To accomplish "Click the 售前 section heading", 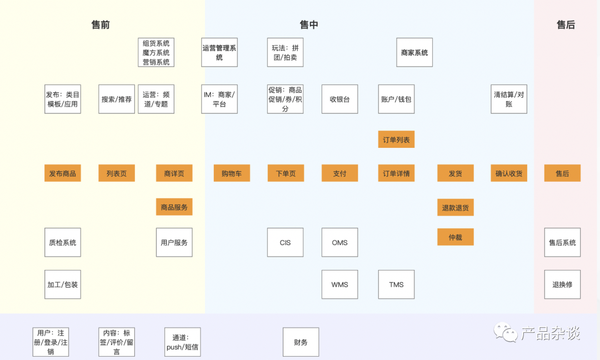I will click(x=101, y=24).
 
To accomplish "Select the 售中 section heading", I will click(x=309, y=24).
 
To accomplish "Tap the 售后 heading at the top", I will click(x=566, y=24).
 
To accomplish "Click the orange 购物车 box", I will click(x=232, y=173).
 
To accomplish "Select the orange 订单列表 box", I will click(x=396, y=139).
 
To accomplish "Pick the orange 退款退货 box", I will click(x=455, y=207).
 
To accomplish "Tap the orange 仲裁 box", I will click(x=455, y=237).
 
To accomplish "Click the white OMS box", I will click(x=339, y=242).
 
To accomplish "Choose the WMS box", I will click(x=339, y=284).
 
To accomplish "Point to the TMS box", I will click(x=396, y=284).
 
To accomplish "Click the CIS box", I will click(x=285, y=242).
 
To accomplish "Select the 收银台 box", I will click(x=339, y=99).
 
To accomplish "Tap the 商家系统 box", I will click(x=414, y=52).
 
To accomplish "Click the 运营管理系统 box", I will click(x=219, y=52).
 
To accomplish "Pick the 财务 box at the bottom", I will click(x=301, y=342).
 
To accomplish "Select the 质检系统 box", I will click(x=62, y=242).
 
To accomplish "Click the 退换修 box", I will click(x=562, y=284).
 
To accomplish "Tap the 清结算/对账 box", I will click(x=509, y=99).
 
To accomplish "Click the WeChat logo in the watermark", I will click(x=506, y=333).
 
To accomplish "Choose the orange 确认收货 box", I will click(x=509, y=173).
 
